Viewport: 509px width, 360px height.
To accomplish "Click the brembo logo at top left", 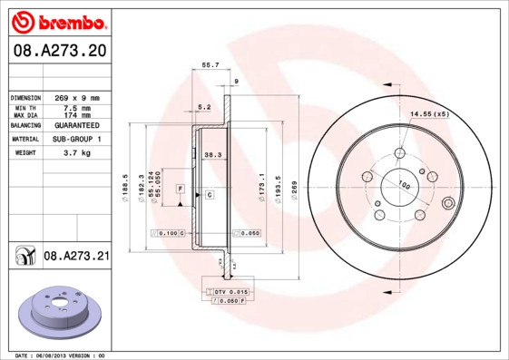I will pos(56,21).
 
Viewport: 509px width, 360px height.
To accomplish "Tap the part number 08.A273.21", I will pos(76,257).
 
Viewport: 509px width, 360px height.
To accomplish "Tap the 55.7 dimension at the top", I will pos(210,65).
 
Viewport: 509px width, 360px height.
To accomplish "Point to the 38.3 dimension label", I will pos(213,155).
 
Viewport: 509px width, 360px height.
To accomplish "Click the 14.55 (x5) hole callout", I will pos(429,113).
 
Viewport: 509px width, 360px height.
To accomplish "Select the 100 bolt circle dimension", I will pos(405,186).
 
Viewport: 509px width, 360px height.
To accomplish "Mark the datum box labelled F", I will pos(181,187).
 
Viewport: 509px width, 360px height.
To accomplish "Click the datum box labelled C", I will pos(209,195).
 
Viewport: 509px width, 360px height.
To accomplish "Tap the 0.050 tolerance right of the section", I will pos(249,233).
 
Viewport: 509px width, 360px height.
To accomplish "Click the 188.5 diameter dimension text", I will pos(124,186).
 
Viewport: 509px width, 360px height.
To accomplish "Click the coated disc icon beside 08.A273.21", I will pos(24,258).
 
